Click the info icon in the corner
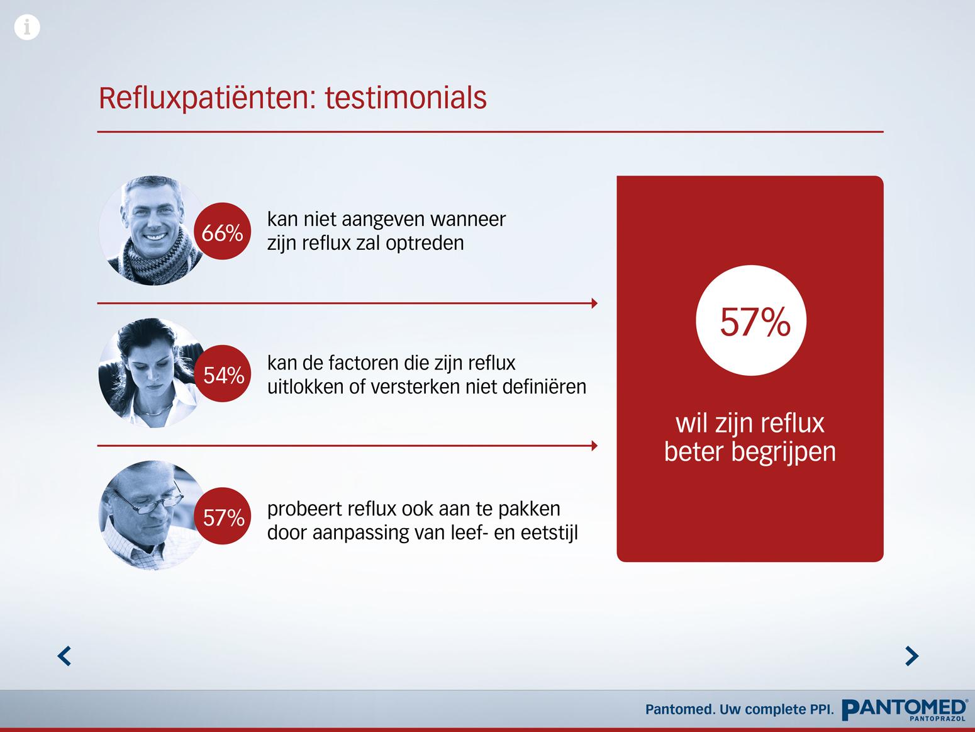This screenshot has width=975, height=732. point(27,27)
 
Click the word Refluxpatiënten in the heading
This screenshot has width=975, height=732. point(207,99)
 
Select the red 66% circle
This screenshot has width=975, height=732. point(223,231)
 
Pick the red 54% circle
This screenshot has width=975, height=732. point(223,374)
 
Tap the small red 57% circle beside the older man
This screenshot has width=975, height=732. point(223,516)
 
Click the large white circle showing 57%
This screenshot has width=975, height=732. point(751,320)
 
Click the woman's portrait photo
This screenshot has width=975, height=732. point(149,373)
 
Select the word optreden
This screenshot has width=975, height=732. point(425,244)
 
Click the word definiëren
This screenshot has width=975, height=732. point(545,386)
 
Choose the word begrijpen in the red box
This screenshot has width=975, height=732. point(784,453)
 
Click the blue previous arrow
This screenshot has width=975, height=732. point(64,656)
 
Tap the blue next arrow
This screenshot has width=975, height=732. point(912,656)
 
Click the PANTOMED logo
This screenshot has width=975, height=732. point(905,710)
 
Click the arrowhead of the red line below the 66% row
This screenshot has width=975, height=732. point(595,303)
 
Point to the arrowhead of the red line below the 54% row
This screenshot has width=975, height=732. point(595,446)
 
